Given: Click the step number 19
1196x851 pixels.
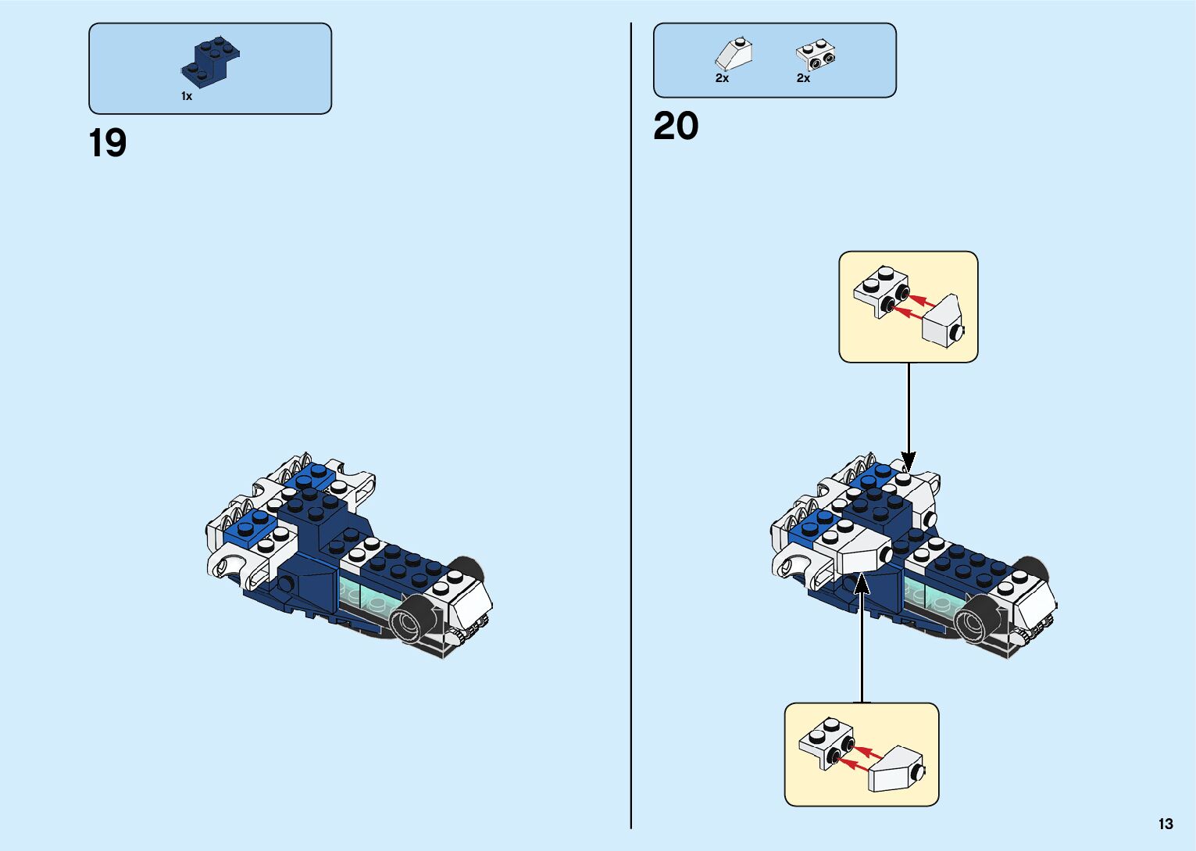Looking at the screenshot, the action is pyautogui.click(x=108, y=144).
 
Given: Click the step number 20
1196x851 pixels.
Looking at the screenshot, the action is pyautogui.click(x=676, y=127).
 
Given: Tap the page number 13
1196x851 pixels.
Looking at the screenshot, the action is pyautogui.click(x=1166, y=824).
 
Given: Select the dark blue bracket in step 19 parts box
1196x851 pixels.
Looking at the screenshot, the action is pyautogui.click(x=209, y=60).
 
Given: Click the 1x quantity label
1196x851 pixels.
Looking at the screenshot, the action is pyautogui.click(x=187, y=96).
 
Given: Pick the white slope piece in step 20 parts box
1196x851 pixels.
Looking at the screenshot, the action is pyautogui.click(x=734, y=55).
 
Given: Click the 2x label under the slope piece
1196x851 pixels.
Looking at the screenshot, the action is pyautogui.click(x=722, y=78).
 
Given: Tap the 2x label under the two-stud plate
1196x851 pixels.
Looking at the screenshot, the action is pyautogui.click(x=803, y=78).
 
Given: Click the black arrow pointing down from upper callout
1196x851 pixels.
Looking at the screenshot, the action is pyautogui.click(x=908, y=414).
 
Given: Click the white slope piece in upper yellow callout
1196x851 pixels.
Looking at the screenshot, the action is pyautogui.click(x=944, y=322).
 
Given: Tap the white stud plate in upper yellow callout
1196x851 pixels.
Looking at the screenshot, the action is pyautogui.click(x=881, y=289).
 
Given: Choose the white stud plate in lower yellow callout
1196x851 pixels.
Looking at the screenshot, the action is pyautogui.click(x=826, y=741).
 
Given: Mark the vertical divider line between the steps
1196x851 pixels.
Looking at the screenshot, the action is pyautogui.click(x=631, y=426).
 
